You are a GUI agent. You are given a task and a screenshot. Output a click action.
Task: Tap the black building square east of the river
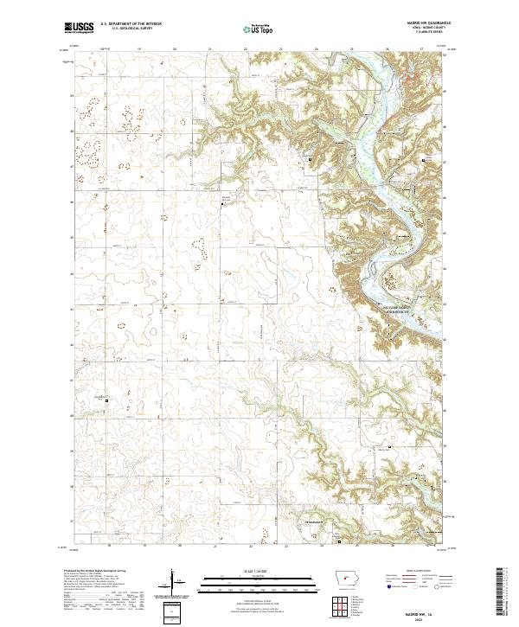pos(423,161)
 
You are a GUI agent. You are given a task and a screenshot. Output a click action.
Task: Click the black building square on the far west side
pos(107,400)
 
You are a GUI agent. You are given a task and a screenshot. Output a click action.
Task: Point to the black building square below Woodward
pos(339,542)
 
